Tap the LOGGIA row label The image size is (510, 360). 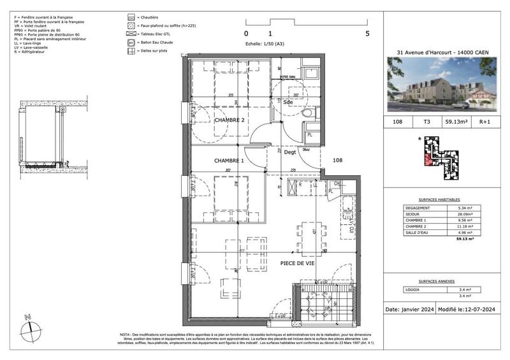413,289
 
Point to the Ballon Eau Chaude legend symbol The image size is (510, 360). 131,41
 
